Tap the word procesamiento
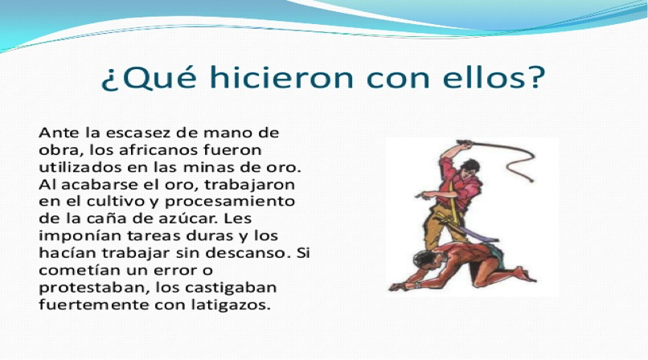pyautogui.click(x=230, y=202)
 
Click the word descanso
pyautogui.click(x=246, y=252)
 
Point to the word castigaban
pyautogui.click(x=231, y=288)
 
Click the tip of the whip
pyautogui.click(x=531, y=181)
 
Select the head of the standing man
pyautogui.click(x=470, y=167)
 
